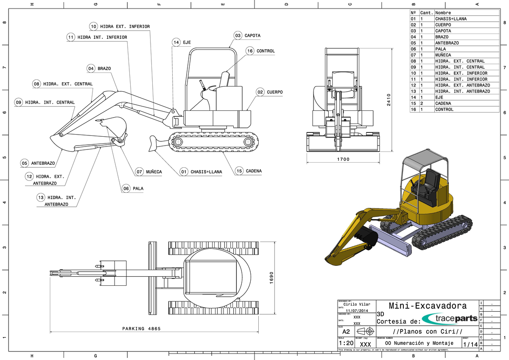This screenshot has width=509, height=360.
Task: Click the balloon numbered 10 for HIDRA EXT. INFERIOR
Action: tap(93, 26)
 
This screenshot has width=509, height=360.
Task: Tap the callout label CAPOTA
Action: tap(252, 36)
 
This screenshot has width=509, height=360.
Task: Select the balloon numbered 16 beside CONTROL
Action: tap(250, 51)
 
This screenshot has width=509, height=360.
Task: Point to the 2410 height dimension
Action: tap(389, 100)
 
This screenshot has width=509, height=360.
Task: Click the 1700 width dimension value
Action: tap(343, 160)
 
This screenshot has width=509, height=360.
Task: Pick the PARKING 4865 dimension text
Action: tap(141, 329)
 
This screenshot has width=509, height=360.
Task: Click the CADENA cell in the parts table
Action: tap(443, 103)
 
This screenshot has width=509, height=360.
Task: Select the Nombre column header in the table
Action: tap(443, 13)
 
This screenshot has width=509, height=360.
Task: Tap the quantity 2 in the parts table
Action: tap(422, 103)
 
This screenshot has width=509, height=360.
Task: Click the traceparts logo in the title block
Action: tap(450, 318)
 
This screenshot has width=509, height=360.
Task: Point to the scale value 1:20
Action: tap(346, 343)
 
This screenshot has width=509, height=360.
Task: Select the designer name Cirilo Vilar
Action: tap(357, 304)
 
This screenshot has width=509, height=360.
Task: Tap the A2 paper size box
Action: tap(346, 331)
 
